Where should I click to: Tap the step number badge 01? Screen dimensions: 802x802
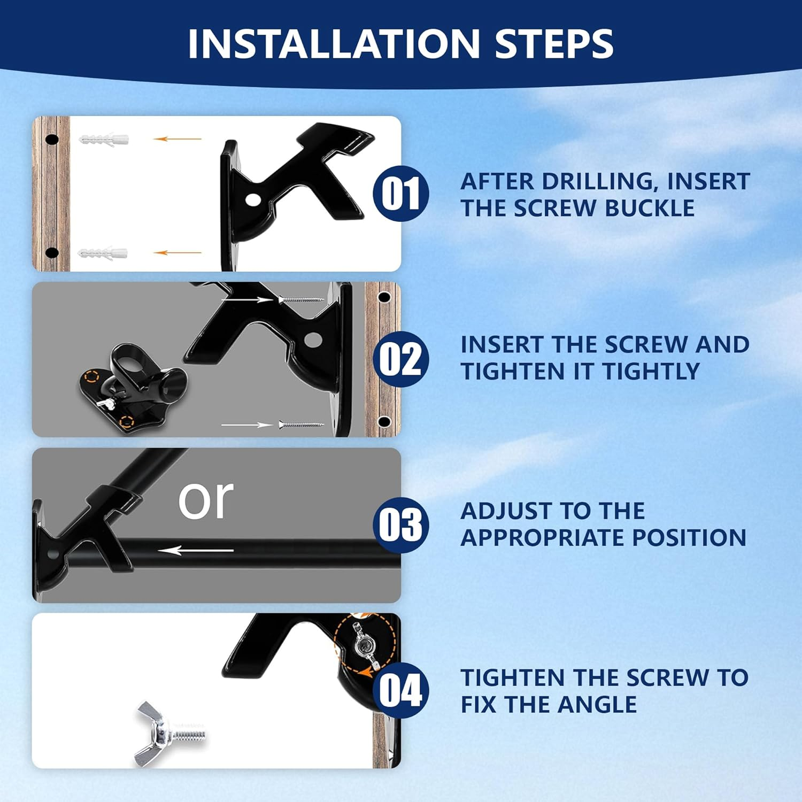click(x=401, y=193)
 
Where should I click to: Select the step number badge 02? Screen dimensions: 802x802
click(x=401, y=359)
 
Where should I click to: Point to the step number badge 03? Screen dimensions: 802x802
click(x=401, y=525)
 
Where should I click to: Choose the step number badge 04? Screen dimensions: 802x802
click(x=401, y=690)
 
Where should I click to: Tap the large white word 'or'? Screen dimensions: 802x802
click(x=206, y=500)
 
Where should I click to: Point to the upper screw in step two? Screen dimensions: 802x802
click(x=302, y=299)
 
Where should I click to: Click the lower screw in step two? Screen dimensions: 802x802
click(x=302, y=425)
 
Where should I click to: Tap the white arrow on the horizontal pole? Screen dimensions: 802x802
click(x=196, y=550)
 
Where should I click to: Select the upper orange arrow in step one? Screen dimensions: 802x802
click(x=178, y=139)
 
